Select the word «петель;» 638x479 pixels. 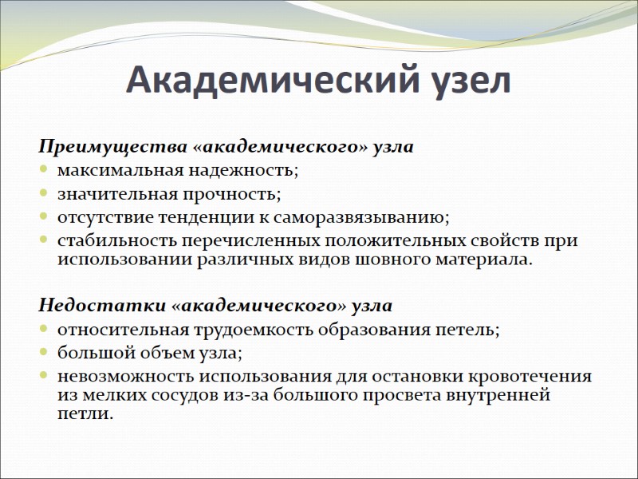tap(471, 329)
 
